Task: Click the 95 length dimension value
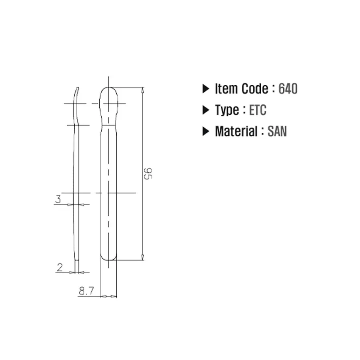(x=148, y=174)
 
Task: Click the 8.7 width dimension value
(x=86, y=291)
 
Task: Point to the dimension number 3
(x=58, y=199)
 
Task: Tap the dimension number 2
(x=60, y=268)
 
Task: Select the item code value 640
(x=288, y=89)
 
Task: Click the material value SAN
(x=277, y=131)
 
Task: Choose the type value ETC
(x=258, y=110)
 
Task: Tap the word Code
(x=255, y=89)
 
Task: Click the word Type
(x=227, y=110)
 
